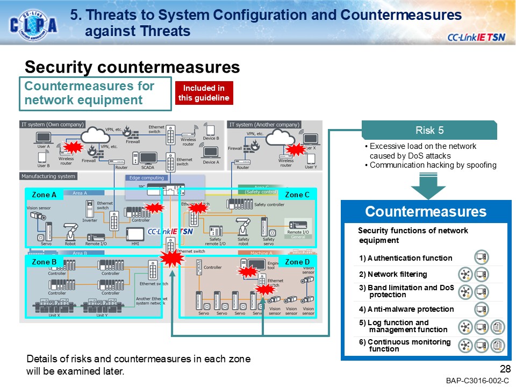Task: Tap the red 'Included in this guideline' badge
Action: (x=204, y=93)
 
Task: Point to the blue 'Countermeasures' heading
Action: (x=425, y=211)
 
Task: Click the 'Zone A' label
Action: (x=44, y=195)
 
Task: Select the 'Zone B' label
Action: (x=44, y=262)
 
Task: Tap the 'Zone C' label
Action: (x=297, y=195)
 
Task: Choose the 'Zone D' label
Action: (x=297, y=262)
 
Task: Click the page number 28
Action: (x=504, y=369)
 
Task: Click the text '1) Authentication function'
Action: (x=406, y=258)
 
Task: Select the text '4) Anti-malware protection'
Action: (x=406, y=309)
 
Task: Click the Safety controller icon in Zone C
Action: (x=240, y=204)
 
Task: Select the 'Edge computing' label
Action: (x=147, y=178)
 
